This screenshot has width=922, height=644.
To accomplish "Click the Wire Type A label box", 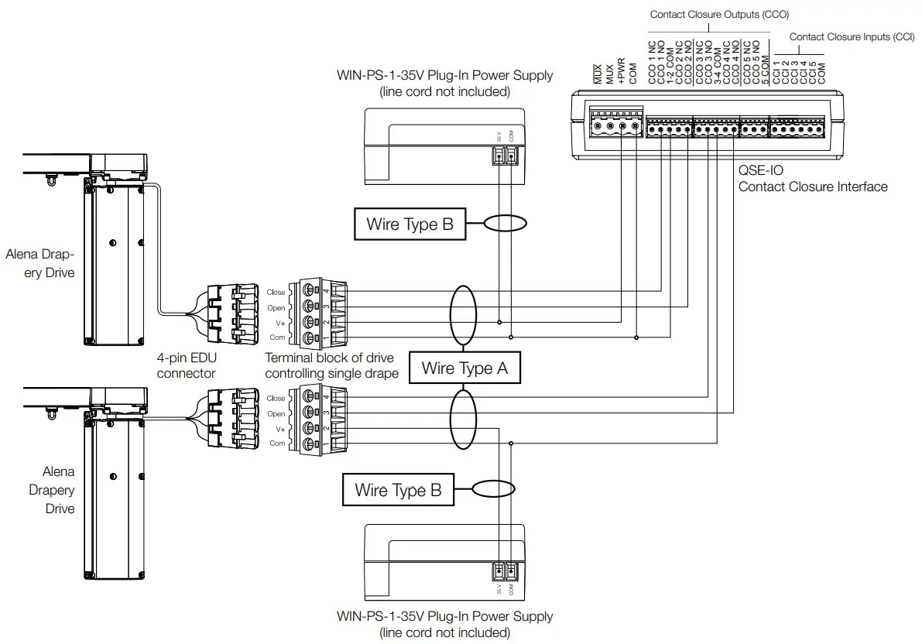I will (x=464, y=368).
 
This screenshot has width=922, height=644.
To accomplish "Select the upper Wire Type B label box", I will (x=410, y=224).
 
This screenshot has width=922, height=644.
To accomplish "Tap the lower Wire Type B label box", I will (x=398, y=490).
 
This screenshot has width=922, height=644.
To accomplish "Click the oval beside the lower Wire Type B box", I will (x=493, y=489).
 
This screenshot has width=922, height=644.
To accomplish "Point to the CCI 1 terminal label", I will (x=776, y=73).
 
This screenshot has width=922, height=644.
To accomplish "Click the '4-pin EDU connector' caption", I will (x=186, y=365).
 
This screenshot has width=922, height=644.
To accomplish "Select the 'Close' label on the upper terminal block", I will (x=276, y=293).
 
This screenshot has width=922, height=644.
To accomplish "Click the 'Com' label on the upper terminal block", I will (x=276, y=337).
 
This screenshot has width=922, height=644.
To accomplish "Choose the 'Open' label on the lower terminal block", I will (x=276, y=413).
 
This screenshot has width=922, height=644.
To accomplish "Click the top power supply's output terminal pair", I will (x=505, y=155).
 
